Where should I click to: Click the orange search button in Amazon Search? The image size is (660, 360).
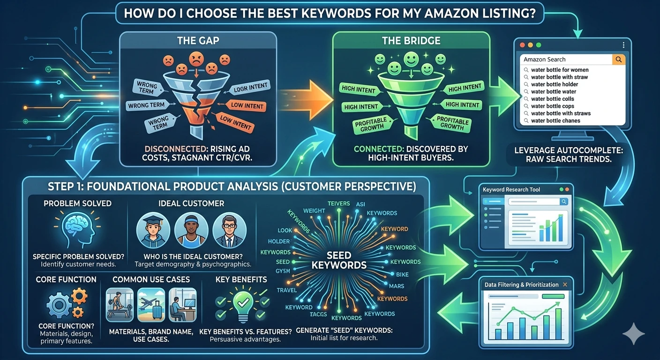(619, 60)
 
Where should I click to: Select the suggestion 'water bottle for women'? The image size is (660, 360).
(559, 70)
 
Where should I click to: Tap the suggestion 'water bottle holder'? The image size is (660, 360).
(555, 84)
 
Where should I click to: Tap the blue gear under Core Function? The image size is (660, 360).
(60, 306)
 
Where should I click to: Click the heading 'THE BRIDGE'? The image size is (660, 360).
(411, 41)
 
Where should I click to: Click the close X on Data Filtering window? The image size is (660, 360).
(565, 285)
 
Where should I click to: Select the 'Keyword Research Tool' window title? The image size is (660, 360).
(511, 189)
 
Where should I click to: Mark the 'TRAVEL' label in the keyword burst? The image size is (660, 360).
(286, 290)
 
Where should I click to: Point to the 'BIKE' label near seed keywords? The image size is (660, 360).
(402, 274)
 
